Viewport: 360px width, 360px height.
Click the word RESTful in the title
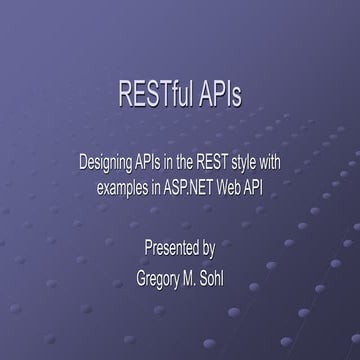click(x=150, y=96)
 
